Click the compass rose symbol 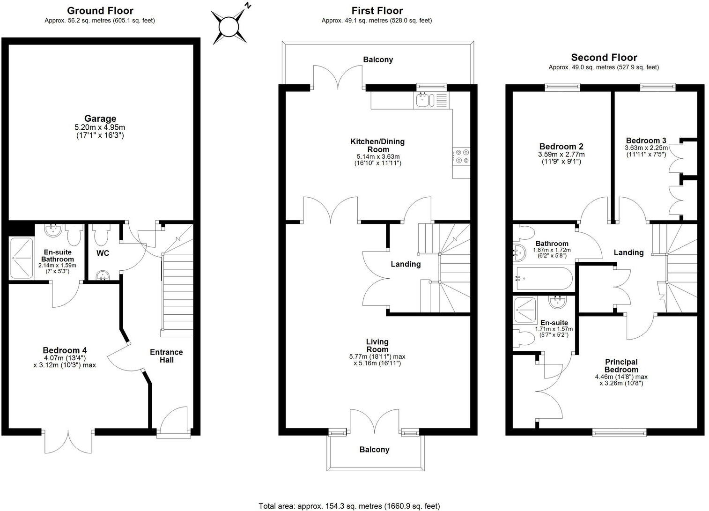click(x=229, y=27)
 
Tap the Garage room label click(x=100, y=119)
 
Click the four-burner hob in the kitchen click(x=461, y=156)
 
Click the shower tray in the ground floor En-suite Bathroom click(x=22, y=258)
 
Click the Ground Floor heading click(x=100, y=11)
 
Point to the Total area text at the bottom click(x=349, y=506)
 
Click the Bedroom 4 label click(x=65, y=350)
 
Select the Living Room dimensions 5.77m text click(x=377, y=356)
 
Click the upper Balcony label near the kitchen click(x=378, y=59)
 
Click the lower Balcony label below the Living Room click(x=374, y=450)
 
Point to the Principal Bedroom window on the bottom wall click(x=619, y=432)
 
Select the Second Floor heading click(x=604, y=58)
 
